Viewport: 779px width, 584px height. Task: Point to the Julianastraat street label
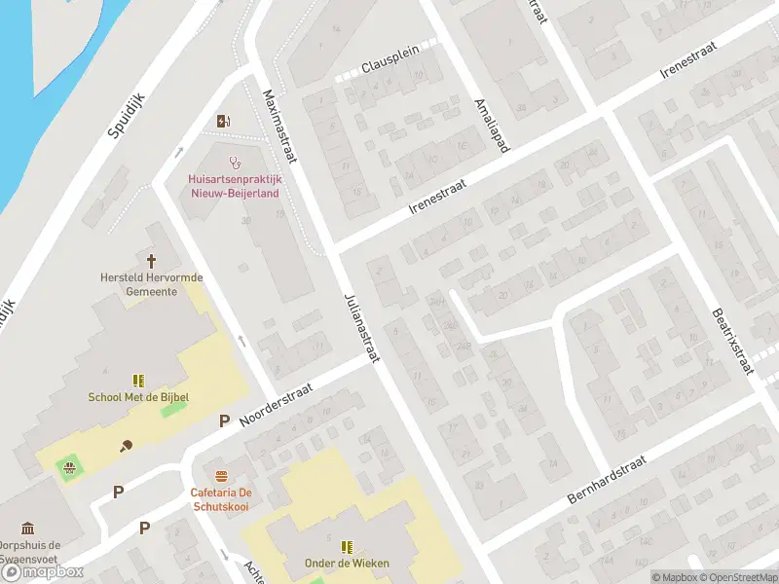360,328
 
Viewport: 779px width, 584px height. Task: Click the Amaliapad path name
490,125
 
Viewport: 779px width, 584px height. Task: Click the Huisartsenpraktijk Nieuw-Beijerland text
234,186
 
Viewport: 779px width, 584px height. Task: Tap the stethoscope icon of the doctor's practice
234,163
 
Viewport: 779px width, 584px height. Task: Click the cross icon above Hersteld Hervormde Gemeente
152,260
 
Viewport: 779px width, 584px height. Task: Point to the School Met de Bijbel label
138,396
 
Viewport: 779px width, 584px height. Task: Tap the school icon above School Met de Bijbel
138,380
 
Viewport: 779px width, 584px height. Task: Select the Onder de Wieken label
348,562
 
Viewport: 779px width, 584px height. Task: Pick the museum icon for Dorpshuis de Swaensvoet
28,529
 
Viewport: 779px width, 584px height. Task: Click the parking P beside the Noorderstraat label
224,421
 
